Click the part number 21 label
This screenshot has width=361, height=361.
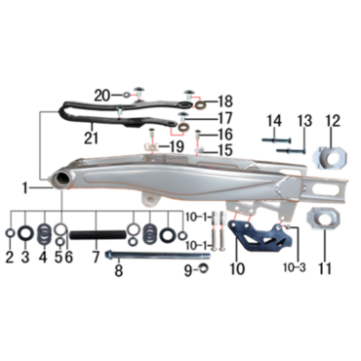[91, 138]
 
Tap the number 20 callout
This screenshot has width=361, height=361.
[102, 96]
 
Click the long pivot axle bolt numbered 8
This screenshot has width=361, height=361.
[157, 255]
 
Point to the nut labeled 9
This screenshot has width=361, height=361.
[205, 268]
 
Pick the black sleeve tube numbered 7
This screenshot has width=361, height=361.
[98, 234]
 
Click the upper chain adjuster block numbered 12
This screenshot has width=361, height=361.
[330, 158]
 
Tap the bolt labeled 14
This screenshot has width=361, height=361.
[276, 140]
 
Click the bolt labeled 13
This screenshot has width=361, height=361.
[291, 150]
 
